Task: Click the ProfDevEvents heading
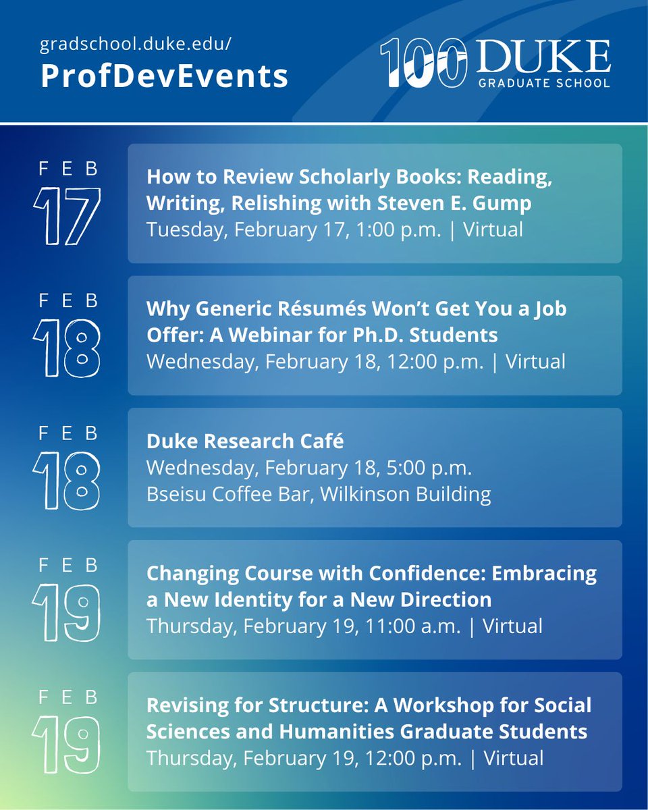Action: pyautogui.click(x=165, y=76)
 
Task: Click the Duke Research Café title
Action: pyautogui.click(x=245, y=441)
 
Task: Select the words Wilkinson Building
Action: pyautogui.click(x=406, y=493)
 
